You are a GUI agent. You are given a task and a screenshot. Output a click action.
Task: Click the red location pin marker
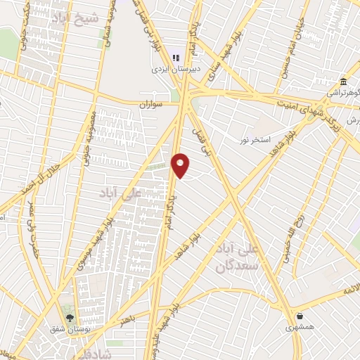pyautogui.click(x=181, y=165)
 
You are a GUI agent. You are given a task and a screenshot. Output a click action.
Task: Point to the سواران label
pyautogui.click(x=149, y=104)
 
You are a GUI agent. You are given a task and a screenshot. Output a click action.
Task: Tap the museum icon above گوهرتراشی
pyautogui.click(x=343, y=82)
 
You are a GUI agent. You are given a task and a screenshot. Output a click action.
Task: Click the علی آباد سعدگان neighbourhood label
pyautogui.click(x=255, y=258)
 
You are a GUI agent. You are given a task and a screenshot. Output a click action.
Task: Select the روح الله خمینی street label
pyautogui.click(x=289, y=243)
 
